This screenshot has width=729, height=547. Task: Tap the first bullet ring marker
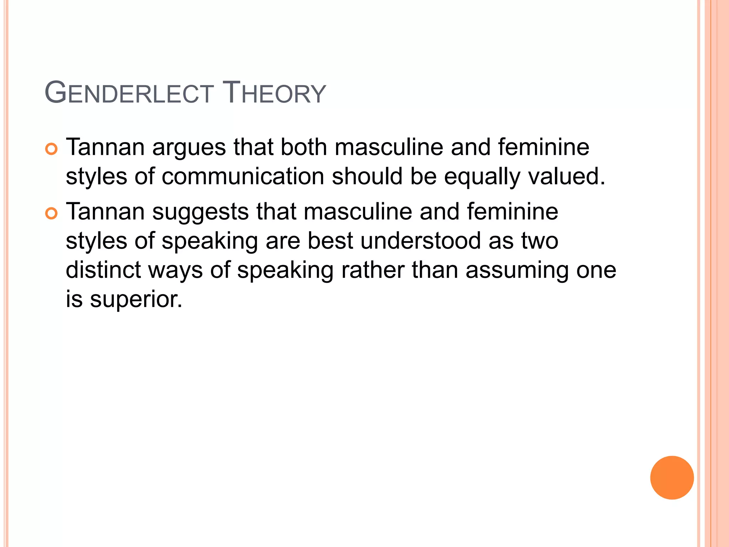51,149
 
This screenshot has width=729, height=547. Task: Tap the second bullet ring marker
51,213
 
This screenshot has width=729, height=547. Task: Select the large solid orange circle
672,478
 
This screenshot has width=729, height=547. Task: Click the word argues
189,147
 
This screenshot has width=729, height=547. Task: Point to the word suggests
200,212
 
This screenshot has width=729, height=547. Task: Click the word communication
243,176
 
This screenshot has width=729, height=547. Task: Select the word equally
482,177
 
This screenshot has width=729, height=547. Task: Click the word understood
420,241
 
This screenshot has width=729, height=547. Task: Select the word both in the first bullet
304,147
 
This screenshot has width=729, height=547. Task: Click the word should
367,176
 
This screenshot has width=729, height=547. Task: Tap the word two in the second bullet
540,241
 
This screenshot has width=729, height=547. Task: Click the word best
330,241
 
